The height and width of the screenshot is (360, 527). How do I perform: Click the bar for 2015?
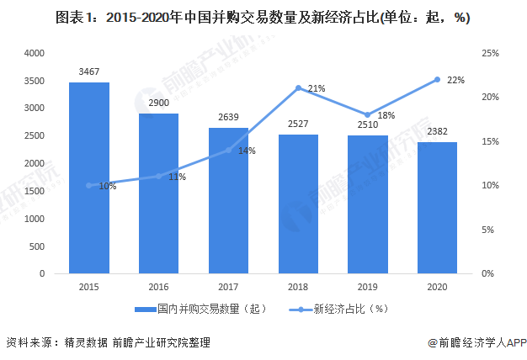click(88, 178)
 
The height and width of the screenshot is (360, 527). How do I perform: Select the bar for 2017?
click(228, 201)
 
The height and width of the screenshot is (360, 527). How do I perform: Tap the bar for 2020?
click(438, 208)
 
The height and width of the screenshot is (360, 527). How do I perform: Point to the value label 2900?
click(158, 106)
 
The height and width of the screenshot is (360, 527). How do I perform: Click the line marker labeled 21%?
click(298, 88)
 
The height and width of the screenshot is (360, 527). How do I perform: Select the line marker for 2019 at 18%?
click(368, 114)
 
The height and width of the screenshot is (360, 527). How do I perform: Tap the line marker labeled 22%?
click(438, 79)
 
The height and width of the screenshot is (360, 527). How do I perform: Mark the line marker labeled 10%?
click(88, 185)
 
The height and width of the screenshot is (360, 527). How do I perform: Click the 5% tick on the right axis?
click(487, 230)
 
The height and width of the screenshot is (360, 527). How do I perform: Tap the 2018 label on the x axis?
click(298, 286)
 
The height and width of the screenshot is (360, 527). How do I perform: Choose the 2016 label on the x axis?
click(158, 286)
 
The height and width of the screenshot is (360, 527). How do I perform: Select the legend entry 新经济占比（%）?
click(337, 309)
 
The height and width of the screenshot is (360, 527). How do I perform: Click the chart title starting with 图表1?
click(263, 17)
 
